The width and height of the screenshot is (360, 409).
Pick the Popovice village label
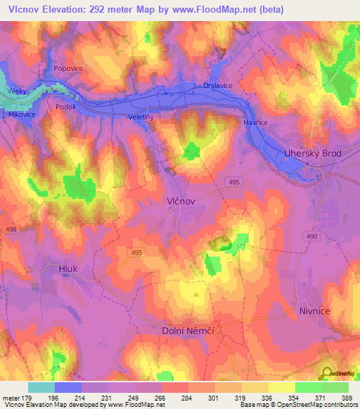(x=68, y=70)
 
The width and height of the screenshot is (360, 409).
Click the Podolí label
(x=65, y=107)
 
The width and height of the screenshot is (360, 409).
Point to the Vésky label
(x=16, y=91)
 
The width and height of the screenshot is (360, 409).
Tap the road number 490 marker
(x=309, y=237)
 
